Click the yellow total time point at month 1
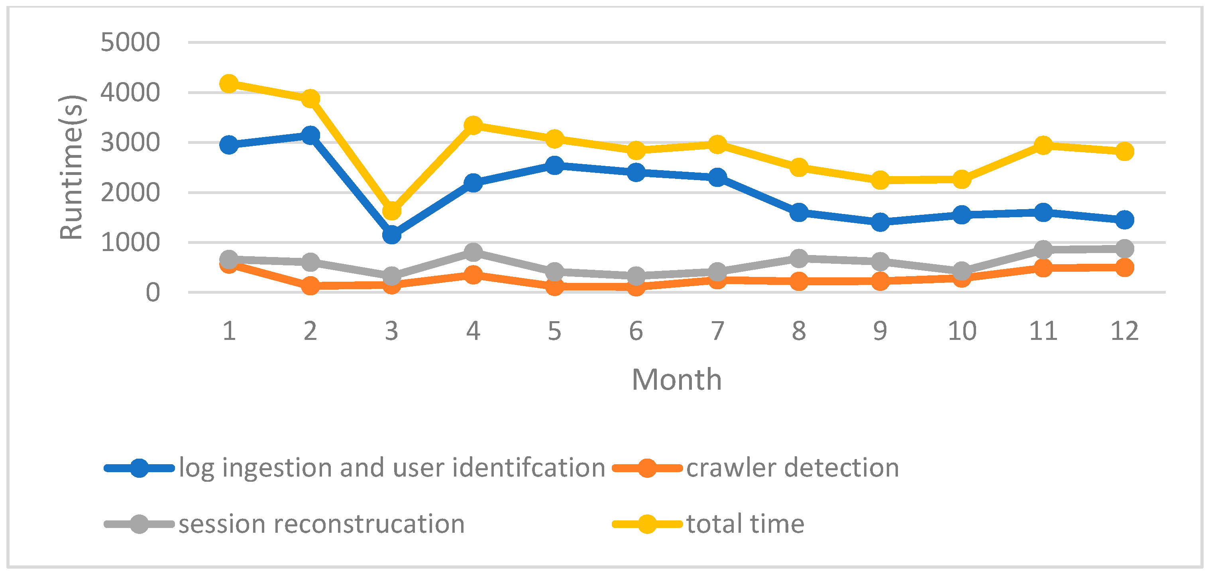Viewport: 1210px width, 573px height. (229, 84)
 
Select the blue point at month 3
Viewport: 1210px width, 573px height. (392, 234)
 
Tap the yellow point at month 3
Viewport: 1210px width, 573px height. (392, 211)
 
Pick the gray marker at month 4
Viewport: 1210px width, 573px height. (473, 252)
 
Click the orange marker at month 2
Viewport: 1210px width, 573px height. (310, 285)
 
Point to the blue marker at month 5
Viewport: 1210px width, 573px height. (555, 165)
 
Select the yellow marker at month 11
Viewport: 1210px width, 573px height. (1043, 145)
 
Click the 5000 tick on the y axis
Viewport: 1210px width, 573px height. (130, 42)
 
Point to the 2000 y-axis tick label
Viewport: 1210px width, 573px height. (130, 192)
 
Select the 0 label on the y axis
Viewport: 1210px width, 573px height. (153, 292)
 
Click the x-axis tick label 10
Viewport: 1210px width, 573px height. (962, 331)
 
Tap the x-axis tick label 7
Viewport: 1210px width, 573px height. (717, 331)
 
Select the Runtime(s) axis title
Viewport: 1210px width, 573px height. (71, 167)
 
